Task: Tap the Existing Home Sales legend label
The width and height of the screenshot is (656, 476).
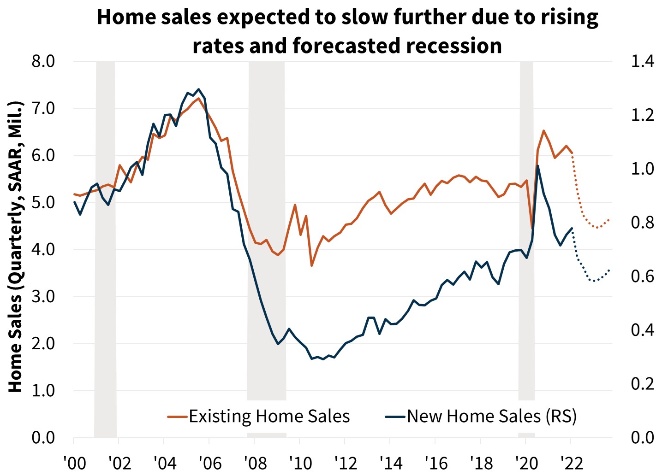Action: click(269, 416)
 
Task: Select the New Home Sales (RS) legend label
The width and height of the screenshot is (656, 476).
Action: click(492, 416)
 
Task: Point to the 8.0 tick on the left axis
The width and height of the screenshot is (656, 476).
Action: click(43, 61)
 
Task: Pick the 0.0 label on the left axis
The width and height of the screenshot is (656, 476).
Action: click(43, 437)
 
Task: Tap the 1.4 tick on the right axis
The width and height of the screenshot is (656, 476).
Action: click(642, 61)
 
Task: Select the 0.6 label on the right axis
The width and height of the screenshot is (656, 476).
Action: click(642, 276)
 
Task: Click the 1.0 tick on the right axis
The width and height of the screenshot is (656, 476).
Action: click(642, 169)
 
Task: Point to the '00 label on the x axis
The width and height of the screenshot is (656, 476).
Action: click(74, 463)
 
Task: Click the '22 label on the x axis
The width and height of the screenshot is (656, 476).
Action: click(572, 463)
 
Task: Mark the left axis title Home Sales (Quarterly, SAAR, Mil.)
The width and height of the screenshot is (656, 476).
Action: click(16, 247)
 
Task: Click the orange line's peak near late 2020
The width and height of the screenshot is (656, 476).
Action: click(543, 130)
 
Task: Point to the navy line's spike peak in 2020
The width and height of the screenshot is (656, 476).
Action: click(538, 166)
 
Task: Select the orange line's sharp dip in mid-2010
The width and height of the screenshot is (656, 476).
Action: click(312, 266)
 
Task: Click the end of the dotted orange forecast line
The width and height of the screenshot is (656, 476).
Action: click(609, 220)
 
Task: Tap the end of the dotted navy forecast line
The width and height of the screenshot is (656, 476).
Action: click(609, 270)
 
